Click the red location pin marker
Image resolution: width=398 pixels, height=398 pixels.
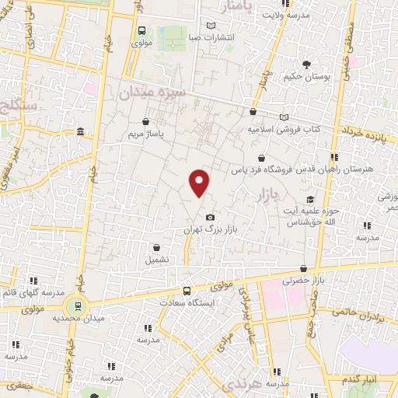coord(200,183)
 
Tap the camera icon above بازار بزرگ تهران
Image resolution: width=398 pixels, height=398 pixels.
coord(208,218)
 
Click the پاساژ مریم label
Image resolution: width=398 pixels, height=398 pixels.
coord(147,134)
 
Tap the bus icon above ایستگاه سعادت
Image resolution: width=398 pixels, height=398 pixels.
coord(186,289)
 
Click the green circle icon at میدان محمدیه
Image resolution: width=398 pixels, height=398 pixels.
coord(76,305)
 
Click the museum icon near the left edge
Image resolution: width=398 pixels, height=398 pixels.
coord(81,133)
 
